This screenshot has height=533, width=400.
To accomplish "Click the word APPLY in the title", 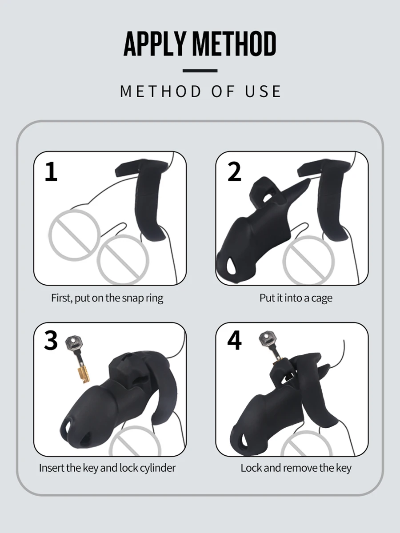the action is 155,44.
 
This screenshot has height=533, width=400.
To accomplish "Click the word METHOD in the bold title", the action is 235,44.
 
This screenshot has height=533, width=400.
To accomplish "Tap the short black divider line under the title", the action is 200,71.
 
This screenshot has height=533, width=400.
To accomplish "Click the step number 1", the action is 51,172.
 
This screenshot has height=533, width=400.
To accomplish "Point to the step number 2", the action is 234,172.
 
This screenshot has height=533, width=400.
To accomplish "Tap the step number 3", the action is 51,340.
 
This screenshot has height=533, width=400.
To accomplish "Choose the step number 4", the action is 234,340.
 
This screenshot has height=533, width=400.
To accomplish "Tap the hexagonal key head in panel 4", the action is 267,338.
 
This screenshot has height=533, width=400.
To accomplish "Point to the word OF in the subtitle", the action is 223,91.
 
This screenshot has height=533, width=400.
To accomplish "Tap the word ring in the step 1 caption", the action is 155,298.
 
